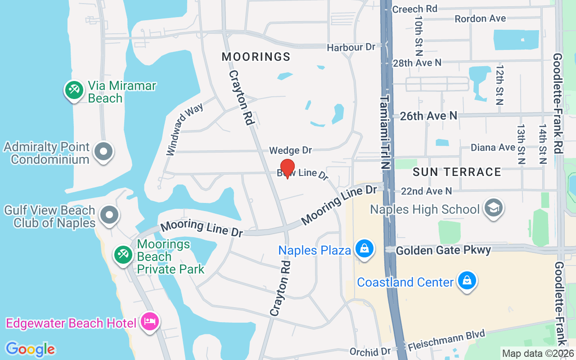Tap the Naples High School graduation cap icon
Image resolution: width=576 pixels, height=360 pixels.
click(493, 208)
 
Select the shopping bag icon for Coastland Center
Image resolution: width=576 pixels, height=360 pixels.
click(467, 281)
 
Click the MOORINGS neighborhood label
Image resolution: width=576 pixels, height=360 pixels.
click(256, 57)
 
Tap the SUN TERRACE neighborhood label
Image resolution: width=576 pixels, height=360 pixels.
click(457, 172)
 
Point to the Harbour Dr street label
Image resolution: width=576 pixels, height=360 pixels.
click(351, 47)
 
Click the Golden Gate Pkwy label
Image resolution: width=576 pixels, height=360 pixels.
click(443, 250)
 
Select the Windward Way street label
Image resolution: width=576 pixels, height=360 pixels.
click(184, 129)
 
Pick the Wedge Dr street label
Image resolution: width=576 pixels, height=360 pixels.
click(290, 150)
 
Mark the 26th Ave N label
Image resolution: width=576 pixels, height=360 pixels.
click(428, 116)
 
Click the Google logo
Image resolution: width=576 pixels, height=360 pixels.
click(30, 349)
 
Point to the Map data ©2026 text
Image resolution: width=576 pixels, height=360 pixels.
click(538, 354)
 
